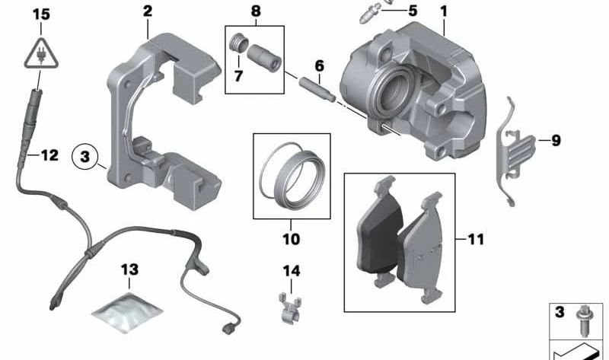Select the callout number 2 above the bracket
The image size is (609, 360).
(x=147, y=11)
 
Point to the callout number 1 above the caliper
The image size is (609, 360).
(x=444, y=11)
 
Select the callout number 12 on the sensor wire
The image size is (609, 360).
(x=49, y=156)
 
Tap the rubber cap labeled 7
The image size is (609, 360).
(x=238, y=53)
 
